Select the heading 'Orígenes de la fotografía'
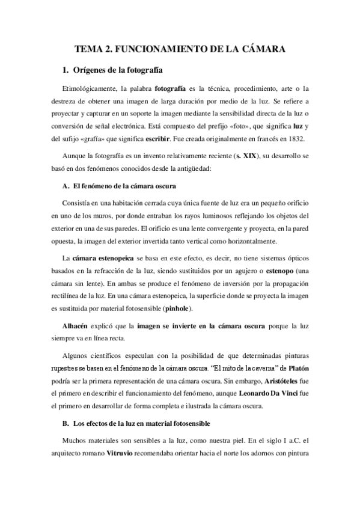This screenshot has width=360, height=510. click(x=118, y=70)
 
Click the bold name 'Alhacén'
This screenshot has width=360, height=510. click(x=78, y=326)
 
